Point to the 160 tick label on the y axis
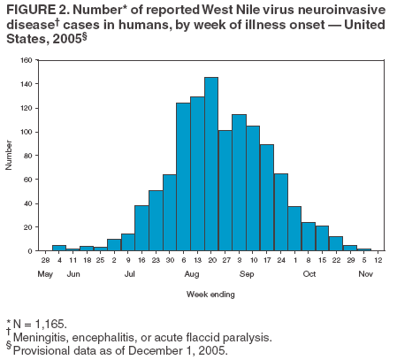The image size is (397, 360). click(27, 61)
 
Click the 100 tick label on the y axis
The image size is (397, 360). click(27, 132)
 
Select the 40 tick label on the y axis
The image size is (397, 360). click(28, 203)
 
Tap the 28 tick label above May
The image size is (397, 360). click(45, 260)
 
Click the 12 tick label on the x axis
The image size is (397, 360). click(378, 260)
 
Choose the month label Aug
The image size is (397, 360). click(192, 275)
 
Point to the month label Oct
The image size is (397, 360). click(309, 275)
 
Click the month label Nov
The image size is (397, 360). click(365, 275)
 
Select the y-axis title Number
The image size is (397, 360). click(10, 156)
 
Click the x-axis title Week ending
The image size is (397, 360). click(210, 295)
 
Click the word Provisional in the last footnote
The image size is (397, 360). click(42, 349)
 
